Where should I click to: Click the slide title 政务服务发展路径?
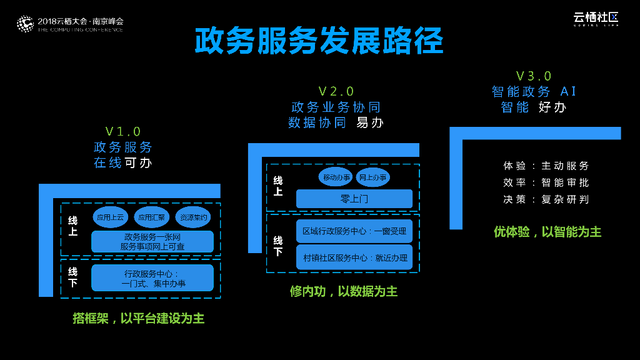(319, 41)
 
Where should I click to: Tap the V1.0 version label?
(123, 131)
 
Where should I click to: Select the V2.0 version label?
(336, 92)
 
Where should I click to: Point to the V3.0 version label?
(534, 76)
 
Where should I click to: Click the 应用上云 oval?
(110, 217)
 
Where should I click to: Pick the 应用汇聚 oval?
(151, 217)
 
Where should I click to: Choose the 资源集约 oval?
(193, 217)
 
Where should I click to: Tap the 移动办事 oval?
(336, 177)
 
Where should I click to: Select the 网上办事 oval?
(372, 177)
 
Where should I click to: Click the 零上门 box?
(354, 199)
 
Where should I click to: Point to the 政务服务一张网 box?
(152, 242)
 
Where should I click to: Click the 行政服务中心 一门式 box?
(152, 278)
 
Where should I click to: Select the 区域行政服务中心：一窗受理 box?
(354, 231)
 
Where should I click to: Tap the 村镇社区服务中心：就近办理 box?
(354, 257)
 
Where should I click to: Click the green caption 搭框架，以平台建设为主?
(138, 319)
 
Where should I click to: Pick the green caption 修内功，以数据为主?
(344, 292)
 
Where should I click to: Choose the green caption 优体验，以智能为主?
(547, 232)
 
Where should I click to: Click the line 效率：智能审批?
(546, 182)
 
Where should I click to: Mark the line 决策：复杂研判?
(546, 199)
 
